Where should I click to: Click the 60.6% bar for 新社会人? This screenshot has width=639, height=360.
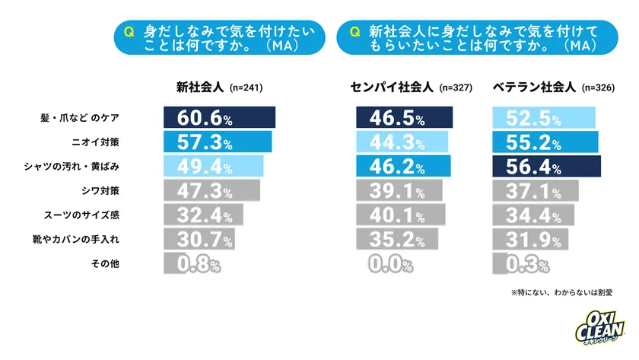tap(219, 119)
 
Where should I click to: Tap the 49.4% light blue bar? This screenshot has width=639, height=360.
tap(213, 166)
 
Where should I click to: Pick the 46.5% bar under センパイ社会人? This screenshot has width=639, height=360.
tap(404, 119)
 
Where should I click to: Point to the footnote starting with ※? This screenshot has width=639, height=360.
tap(561, 292)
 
